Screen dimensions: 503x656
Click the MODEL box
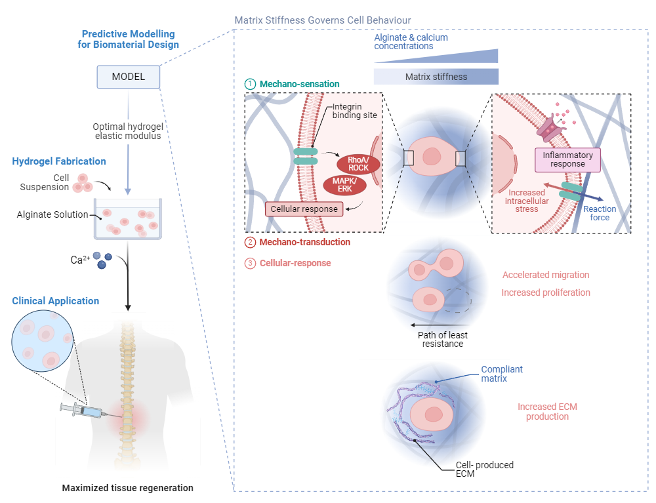click(129, 77)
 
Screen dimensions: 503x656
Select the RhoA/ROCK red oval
click(359, 163)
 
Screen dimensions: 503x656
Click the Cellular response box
click(304, 209)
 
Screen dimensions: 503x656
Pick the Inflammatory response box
click(568, 159)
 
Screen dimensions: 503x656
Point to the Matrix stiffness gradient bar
click(436, 77)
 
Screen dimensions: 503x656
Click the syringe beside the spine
click(85, 411)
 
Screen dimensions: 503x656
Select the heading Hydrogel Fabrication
click(59, 161)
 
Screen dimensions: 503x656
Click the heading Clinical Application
click(56, 301)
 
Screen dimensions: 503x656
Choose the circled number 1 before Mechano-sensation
click(249, 84)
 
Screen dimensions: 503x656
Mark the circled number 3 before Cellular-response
click(249, 263)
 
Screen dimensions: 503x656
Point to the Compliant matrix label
click(502, 374)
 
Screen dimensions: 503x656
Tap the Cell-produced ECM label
click(485, 470)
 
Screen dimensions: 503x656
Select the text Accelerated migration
click(546, 275)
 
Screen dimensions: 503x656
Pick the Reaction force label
click(600, 213)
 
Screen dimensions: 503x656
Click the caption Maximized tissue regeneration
click(127, 488)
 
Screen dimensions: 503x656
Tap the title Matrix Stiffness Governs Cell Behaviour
click(323, 20)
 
